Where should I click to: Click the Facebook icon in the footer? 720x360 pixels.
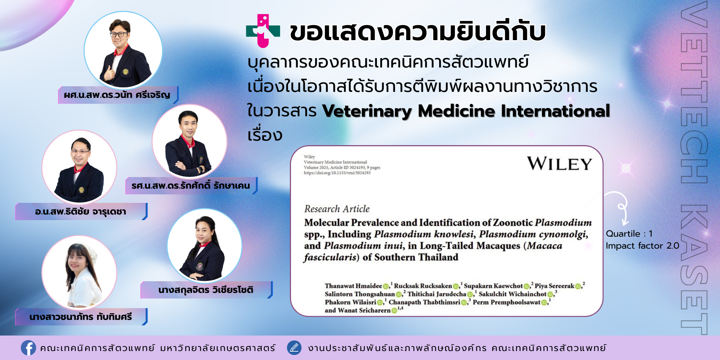tap(28, 348)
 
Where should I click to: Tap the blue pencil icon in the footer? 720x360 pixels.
tap(294, 348)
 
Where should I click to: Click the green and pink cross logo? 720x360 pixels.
tap(263, 31)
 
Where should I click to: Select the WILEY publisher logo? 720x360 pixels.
tap(559, 164)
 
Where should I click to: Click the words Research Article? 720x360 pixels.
tap(337, 209)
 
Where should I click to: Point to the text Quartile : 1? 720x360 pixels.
tap(629, 234)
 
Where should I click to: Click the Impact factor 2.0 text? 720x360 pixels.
tap(642, 246)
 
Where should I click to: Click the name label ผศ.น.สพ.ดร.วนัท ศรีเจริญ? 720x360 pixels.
tap(117, 95)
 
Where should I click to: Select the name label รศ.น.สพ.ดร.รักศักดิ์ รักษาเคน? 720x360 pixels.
tap(190, 186)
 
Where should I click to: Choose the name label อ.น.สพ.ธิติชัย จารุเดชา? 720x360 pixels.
tap(80, 212)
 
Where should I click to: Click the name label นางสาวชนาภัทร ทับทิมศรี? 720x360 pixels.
tap(81, 317)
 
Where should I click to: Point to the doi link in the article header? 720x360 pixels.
tap(337, 173)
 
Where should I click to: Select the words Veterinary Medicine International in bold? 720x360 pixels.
tap(466, 111)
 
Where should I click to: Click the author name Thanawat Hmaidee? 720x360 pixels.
tap(353, 286)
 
